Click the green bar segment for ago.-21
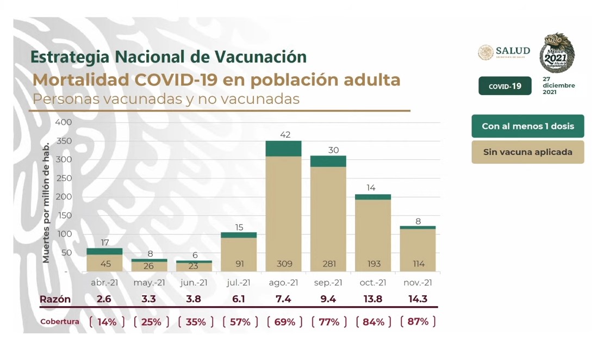(283, 148)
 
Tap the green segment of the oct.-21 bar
(372, 197)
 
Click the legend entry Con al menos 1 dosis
(527, 126)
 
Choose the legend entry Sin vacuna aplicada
(527, 152)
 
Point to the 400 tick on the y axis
(64, 122)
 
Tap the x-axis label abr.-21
(104, 283)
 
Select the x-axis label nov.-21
(418, 283)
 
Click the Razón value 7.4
(283, 299)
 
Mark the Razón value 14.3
(418, 299)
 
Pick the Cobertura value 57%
(239, 322)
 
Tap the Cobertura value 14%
(107, 322)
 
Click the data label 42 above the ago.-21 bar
(284, 134)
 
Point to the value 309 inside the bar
(284, 264)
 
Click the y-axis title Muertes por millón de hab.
(46, 202)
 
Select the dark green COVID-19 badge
(505, 86)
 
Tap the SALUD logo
(503, 52)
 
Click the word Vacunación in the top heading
(260, 57)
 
